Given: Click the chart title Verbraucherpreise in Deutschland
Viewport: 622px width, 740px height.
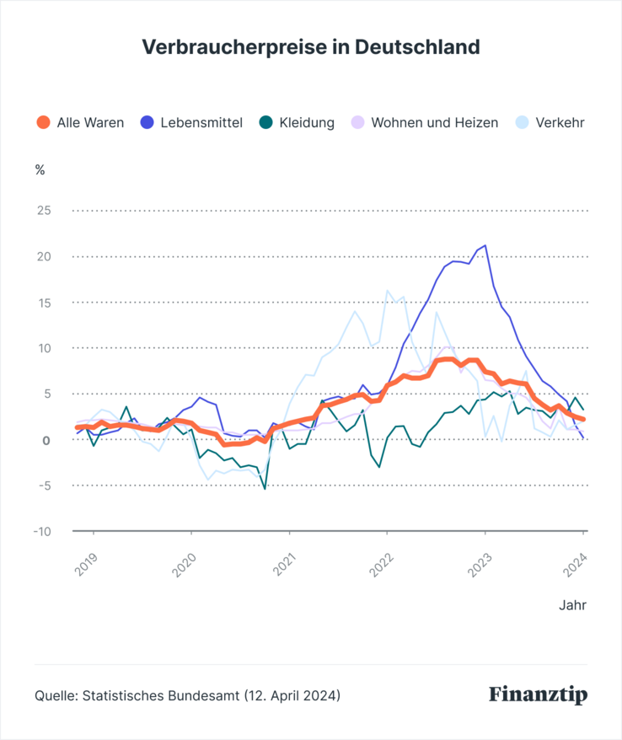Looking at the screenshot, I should pos(311,46).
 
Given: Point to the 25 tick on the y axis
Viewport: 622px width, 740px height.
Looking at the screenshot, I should pos(42,210).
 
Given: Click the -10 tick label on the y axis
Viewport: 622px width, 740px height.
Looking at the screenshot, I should pos(42,531).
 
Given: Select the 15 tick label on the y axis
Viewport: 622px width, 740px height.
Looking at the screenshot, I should pos(42,302).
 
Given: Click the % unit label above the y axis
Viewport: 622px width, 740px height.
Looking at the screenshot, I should pos(40,169).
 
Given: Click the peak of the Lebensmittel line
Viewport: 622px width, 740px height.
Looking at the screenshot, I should pos(485,245).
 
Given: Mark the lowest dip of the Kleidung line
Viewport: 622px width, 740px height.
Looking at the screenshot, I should pos(265,488).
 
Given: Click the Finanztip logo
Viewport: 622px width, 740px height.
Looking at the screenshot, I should pos(538,695).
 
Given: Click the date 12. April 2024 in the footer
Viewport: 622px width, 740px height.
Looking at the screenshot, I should pos(292,696).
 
